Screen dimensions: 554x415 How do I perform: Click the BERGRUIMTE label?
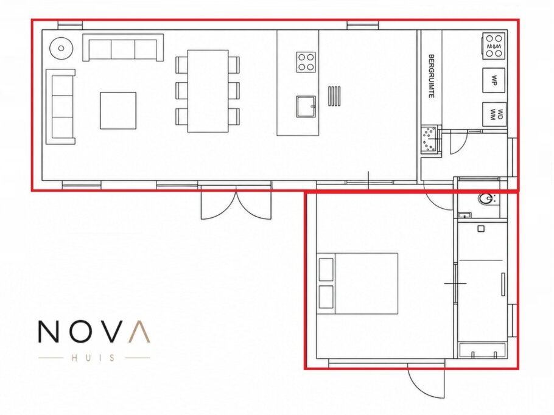point(431,76)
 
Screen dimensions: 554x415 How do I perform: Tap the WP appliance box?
point(494,80)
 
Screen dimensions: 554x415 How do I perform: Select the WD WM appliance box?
point(494,114)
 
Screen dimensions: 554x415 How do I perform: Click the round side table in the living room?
point(61,49)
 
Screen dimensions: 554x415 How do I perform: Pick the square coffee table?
point(118,111)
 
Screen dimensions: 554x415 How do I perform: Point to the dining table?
point(208,91)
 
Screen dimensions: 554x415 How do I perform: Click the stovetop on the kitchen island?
point(306,62)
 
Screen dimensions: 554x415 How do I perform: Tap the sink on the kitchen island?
point(306,106)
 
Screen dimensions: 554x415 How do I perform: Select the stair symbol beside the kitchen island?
point(334,96)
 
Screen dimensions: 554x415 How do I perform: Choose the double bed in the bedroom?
point(357,284)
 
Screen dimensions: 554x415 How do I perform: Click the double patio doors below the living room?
point(236,201)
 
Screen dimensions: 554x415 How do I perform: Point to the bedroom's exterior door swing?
point(426,382)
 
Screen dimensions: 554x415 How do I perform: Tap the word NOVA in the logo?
point(94,332)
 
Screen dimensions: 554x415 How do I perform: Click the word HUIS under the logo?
point(94,358)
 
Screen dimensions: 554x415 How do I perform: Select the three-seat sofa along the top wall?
point(123,47)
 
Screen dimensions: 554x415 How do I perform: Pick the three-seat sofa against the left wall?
point(61,106)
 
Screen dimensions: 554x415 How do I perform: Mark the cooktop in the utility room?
point(493,46)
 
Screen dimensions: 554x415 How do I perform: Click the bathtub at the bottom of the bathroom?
point(483,350)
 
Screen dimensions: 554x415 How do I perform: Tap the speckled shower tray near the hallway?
point(430,139)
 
